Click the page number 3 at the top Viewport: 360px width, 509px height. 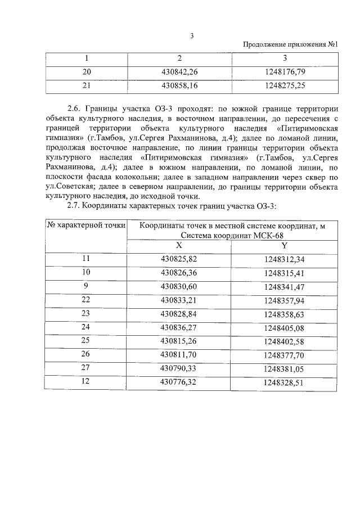point(192,35)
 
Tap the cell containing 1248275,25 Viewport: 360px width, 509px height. point(284,86)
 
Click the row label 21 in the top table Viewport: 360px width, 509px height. point(87,86)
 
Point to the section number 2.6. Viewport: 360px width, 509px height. point(74,108)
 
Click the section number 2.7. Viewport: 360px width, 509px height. point(74,206)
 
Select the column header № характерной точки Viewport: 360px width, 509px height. point(85,226)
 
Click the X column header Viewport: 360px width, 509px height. point(179,246)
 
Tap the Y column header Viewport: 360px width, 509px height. point(284,246)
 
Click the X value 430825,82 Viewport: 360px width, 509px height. point(179,259)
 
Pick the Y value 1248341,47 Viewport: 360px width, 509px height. point(284,286)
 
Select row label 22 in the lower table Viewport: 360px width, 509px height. point(86,300)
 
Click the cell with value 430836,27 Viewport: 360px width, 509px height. point(179,327)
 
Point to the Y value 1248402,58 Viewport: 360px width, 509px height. point(284,340)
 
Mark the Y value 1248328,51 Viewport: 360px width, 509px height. point(284,381)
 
